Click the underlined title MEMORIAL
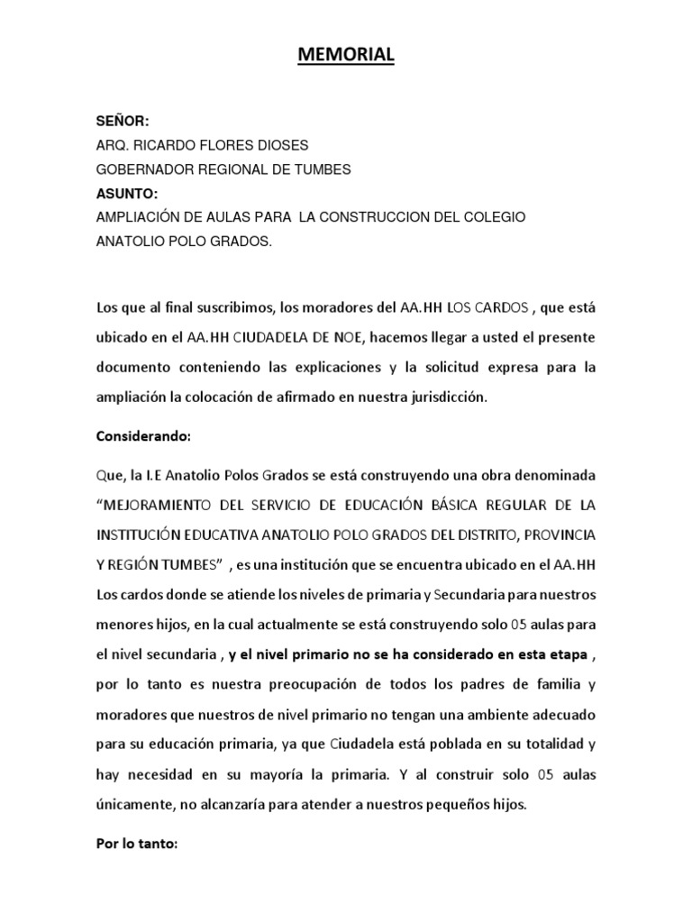(x=346, y=56)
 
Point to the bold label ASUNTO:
(x=121, y=193)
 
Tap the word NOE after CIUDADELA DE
(x=349, y=338)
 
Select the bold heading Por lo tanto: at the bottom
(x=138, y=846)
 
